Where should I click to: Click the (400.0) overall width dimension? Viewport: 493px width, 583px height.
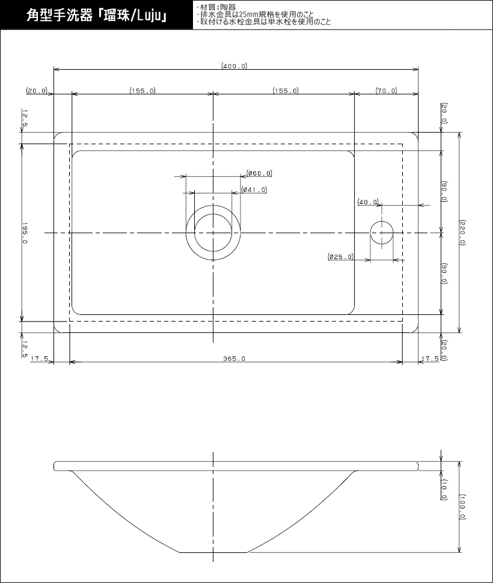click(234, 66)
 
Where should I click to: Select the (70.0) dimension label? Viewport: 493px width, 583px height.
click(386, 91)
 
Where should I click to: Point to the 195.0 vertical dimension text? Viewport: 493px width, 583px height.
click(25, 232)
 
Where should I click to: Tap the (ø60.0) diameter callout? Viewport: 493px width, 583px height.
click(259, 174)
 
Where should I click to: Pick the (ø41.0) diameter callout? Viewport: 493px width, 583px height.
click(254, 190)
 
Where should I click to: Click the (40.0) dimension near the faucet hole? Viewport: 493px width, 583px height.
click(368, 202)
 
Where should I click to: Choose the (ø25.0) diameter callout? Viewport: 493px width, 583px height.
click(341, 257)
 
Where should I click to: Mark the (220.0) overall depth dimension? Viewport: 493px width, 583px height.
click(462, 232)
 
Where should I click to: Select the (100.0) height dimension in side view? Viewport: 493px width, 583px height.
click(462, 507)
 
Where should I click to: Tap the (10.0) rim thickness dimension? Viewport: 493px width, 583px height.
click(443, 490)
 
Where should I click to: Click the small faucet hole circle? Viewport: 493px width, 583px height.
click(381, 233)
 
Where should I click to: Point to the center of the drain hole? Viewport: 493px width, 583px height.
click(213, 233)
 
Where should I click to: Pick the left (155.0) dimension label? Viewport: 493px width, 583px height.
click(142, 91)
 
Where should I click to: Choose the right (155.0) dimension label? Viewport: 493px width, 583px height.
click(285, 91)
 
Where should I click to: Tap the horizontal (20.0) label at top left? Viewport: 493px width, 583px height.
click(37, 91)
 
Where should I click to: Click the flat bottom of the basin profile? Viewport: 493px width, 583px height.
click(214, 551)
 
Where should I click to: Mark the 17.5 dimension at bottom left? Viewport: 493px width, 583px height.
click(39, 359)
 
